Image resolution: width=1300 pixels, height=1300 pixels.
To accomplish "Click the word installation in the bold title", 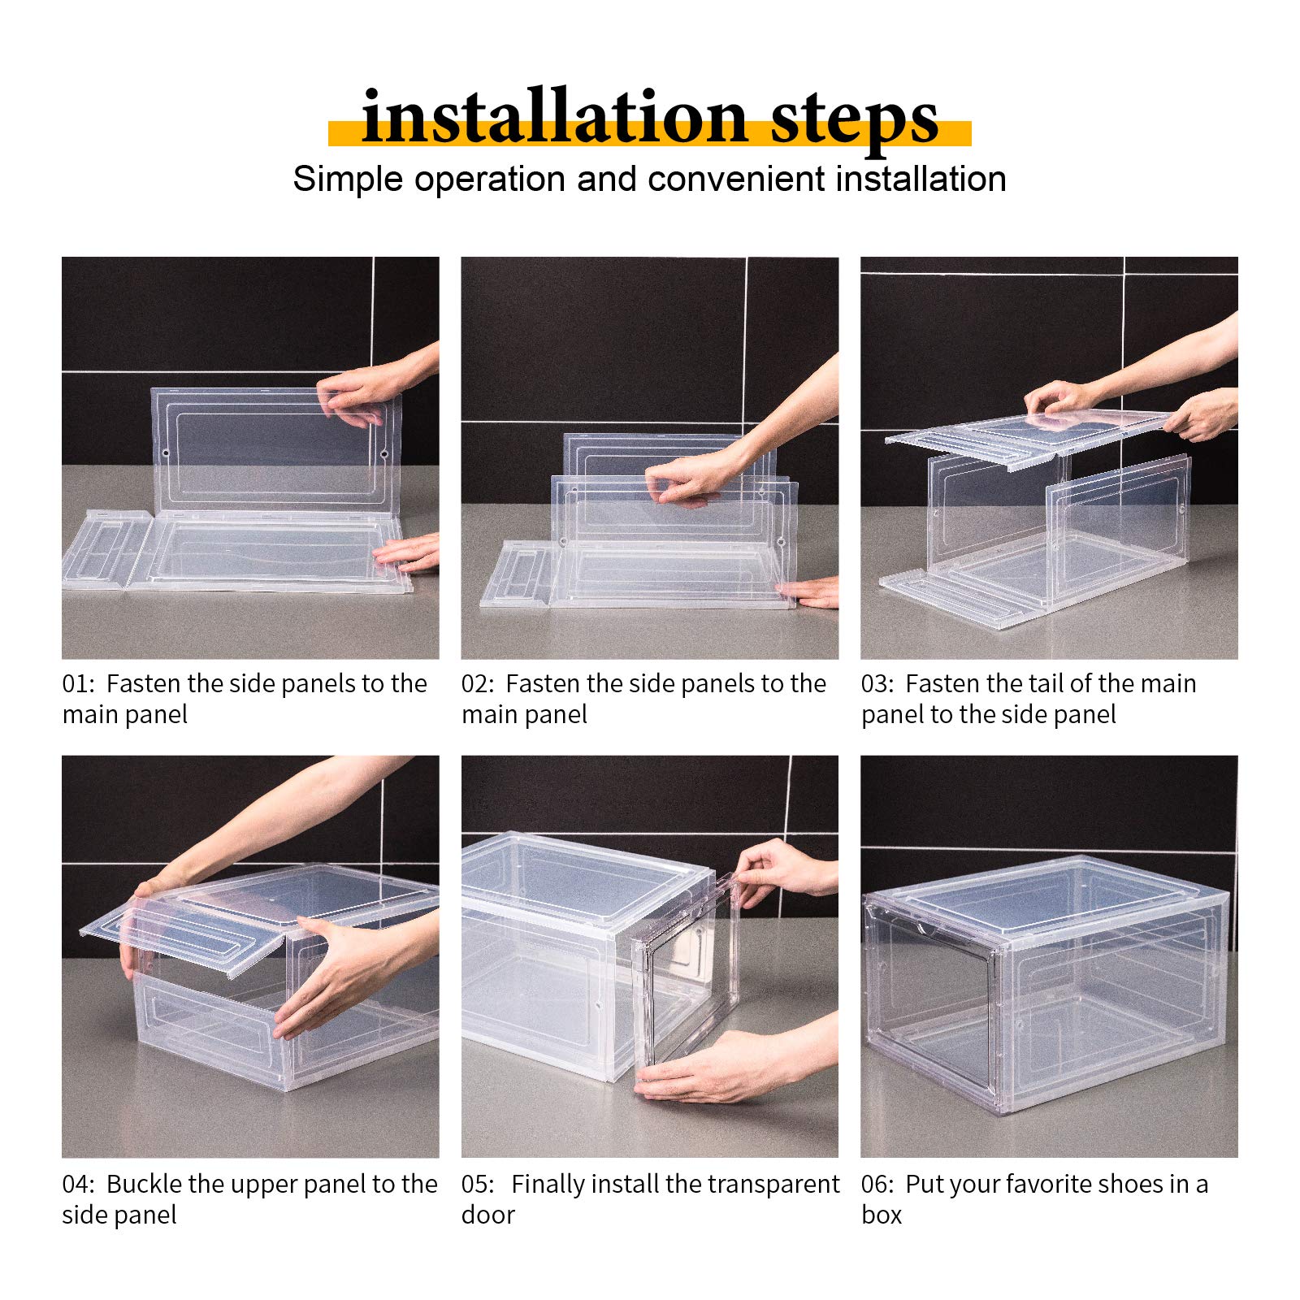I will click(x=553, y=118).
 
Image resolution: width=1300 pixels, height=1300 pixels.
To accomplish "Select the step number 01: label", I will click(x=78, y=684).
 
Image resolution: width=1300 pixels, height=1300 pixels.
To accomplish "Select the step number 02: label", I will click(x=478, y=684).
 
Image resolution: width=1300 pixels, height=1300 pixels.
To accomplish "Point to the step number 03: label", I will click(x=877, y=684).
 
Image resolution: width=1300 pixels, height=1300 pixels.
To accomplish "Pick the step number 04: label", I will click(x=78, y=1185).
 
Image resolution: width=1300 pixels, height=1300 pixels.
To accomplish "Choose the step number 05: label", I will click(x=478, y=1185).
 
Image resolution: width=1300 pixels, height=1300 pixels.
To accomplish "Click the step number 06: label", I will click(x=877, y=1185).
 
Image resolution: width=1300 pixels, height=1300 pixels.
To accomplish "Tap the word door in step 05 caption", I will click(x=487, y=1215).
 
